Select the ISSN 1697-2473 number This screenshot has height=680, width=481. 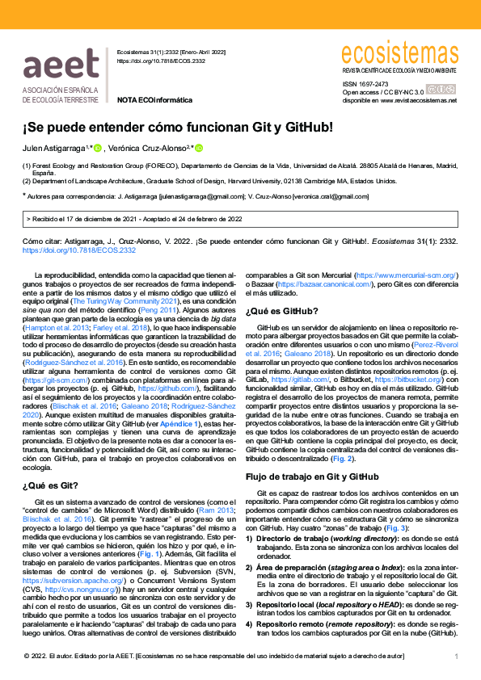pos(365,83)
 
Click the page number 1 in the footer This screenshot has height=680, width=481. pos(456,657)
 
